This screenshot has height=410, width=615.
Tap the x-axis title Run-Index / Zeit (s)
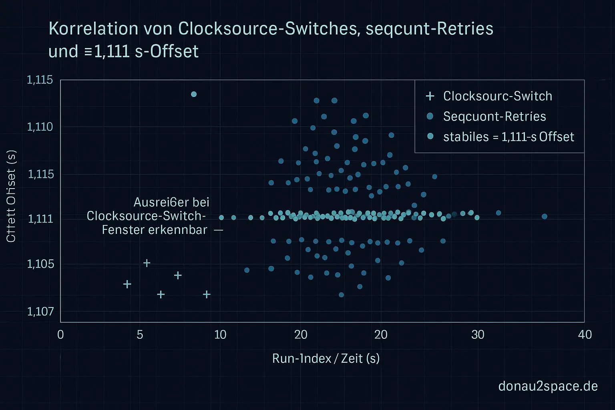(x=326, y=358)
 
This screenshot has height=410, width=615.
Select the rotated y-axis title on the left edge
(x=11, y=196)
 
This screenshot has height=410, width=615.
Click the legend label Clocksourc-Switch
(x=498, y=96)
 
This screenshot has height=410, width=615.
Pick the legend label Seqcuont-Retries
(x=494, y=117)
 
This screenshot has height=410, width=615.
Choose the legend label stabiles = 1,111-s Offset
(x=508, y=137)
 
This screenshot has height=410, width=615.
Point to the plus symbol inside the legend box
(x=430, y=96)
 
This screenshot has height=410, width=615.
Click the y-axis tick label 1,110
(x=40, y=127)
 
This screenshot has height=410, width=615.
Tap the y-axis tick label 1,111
(x=40, y=219)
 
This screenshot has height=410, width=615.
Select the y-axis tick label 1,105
(x=40, y=264)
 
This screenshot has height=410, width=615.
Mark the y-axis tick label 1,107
(x=40, y=311)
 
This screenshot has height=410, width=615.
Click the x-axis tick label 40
(x=585, y=334)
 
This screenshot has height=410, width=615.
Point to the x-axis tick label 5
(x=139, y=334)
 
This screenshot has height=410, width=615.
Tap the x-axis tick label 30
(x=478, y=334)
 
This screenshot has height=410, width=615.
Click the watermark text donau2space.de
(x=548, y=386)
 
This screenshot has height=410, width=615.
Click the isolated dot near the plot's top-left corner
(x=194, y=94)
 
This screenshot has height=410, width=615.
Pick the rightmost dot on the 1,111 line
(x=544, y=217)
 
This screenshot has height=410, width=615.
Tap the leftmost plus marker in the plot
(x=127, y=284)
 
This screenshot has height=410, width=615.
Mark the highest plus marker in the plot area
(x=147, y=263)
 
